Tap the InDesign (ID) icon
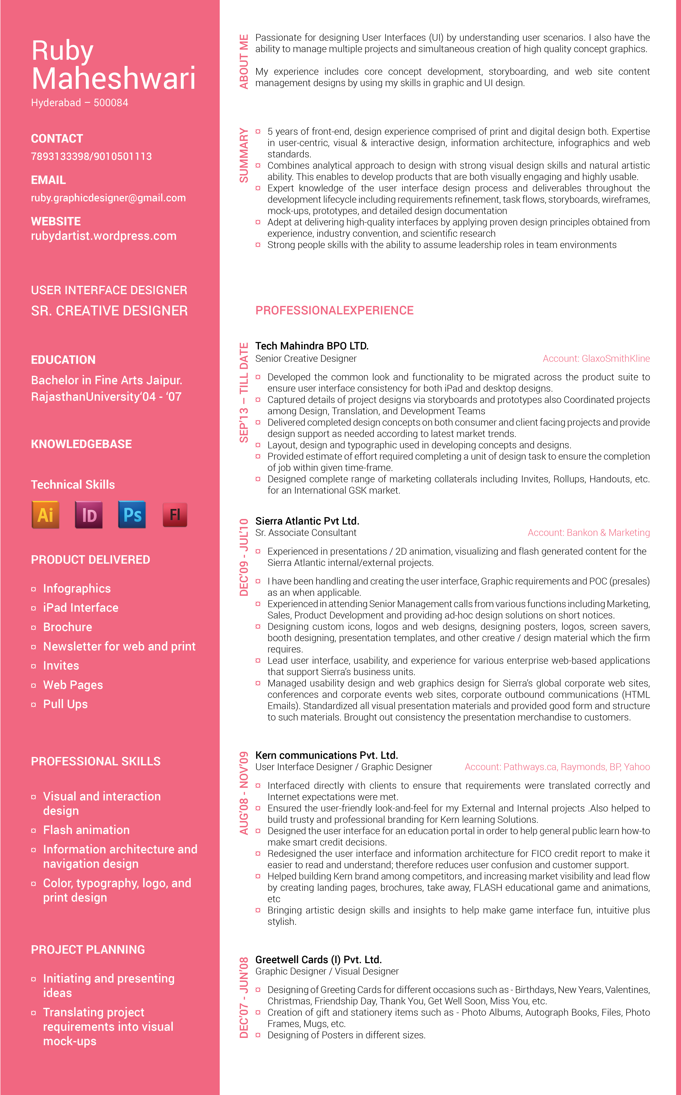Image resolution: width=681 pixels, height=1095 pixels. [x=89, y=515]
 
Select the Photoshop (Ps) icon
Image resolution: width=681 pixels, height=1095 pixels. [x=132, y=515]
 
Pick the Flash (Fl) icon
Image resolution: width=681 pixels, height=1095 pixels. [x=175, y=515]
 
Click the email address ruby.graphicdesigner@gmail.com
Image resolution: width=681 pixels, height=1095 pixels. [x=108, y=198]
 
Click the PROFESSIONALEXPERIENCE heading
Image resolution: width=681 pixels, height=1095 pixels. [x=334, y=310]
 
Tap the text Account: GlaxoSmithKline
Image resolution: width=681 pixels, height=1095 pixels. [x=596, y=359]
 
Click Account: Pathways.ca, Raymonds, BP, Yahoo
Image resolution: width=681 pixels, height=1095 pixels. [x=557, y=767]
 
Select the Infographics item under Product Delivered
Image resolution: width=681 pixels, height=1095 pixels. [x=77, y=589]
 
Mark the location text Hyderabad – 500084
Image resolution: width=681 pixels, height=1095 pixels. [x=79, y=103]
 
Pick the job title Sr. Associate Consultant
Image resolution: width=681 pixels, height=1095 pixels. [x=306, y=533]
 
